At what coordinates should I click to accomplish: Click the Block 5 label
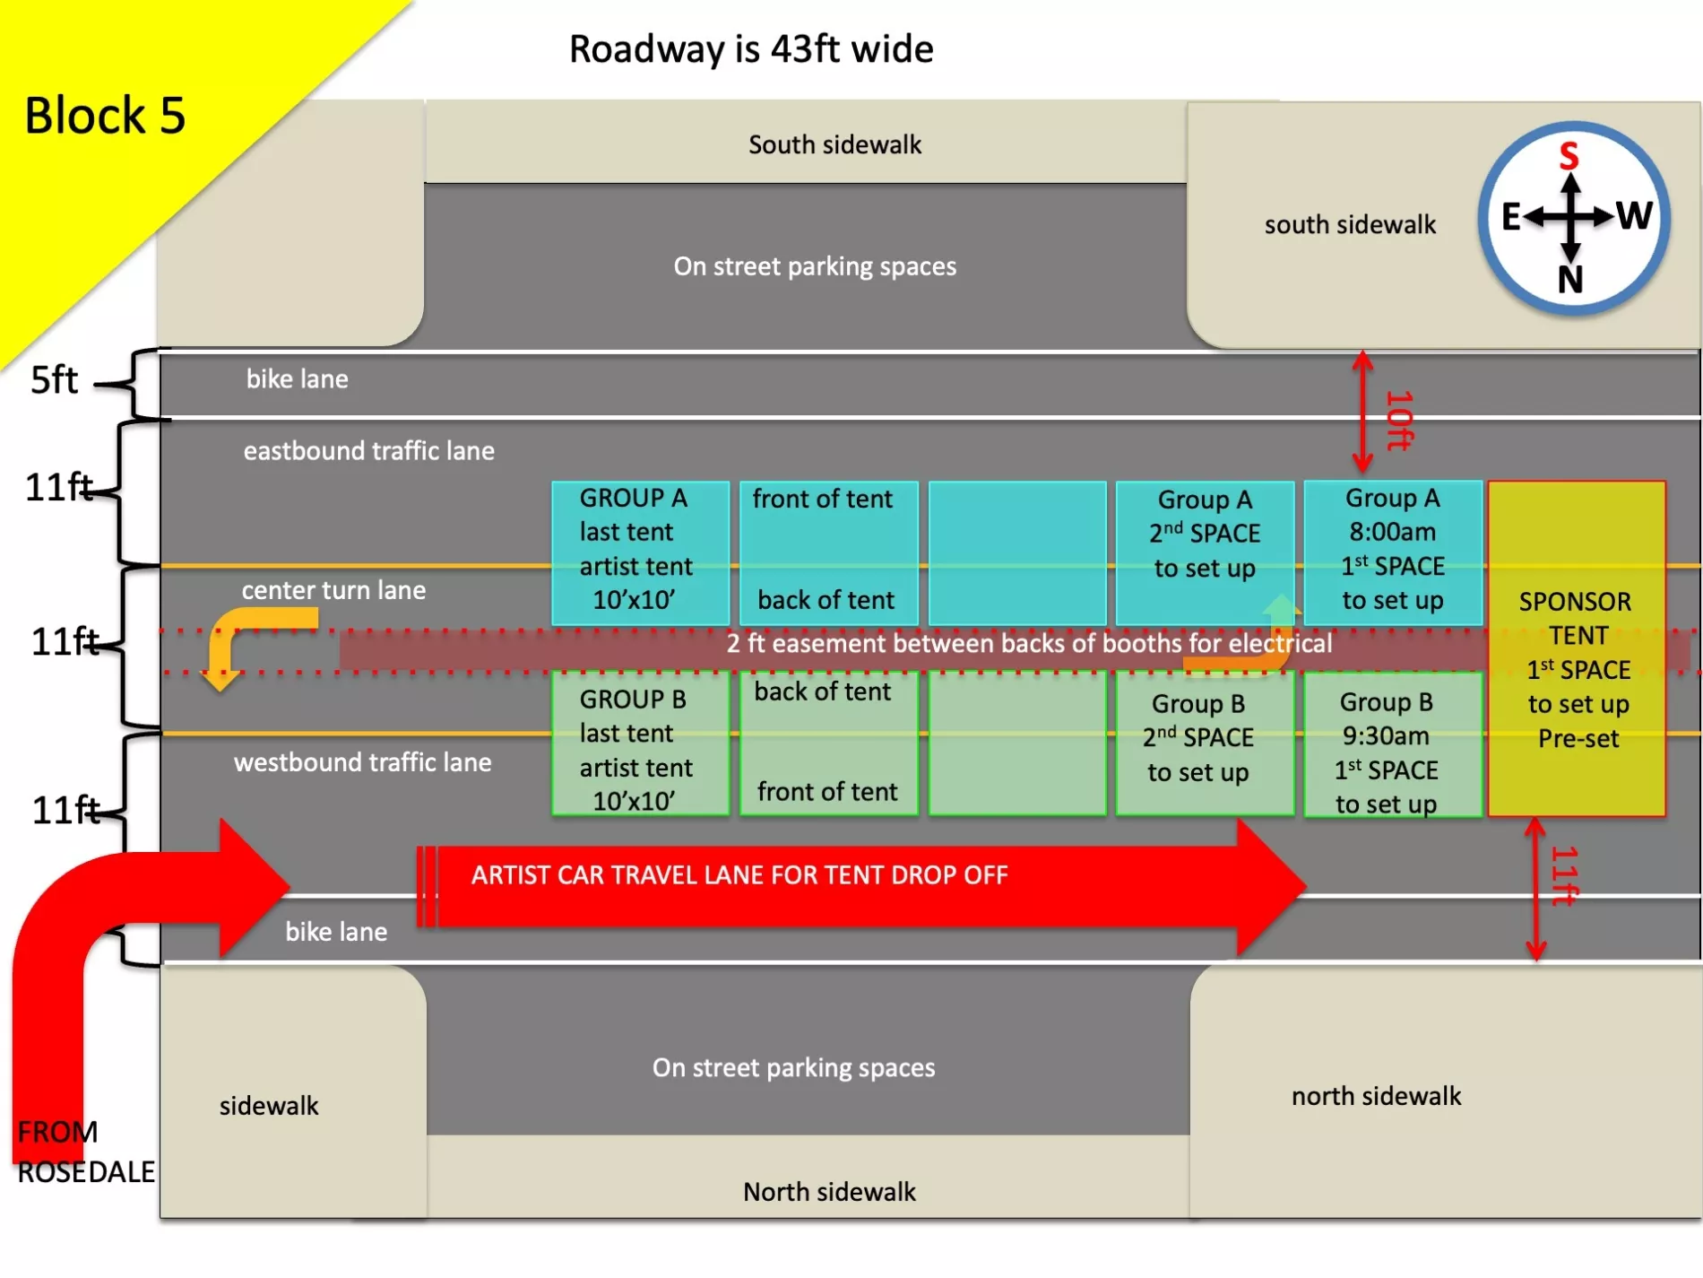[105, 116]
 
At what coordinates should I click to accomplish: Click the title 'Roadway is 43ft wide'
[751, 49]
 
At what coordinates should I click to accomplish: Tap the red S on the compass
[1569, 156]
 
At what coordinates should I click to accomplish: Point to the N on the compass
[1570, 280]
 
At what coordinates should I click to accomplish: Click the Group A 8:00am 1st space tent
[1392, 550]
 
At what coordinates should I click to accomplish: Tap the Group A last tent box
[636, 549]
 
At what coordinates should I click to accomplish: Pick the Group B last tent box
[636, 750]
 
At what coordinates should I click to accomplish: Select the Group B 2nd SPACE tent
[1198, 737]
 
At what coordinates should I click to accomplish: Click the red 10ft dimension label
[1398, 420]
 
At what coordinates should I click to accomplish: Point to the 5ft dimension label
[54, 380]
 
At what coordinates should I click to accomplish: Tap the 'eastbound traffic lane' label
[368, 450]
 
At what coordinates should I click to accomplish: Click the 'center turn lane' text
[333, 590]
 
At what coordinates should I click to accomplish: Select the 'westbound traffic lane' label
[362, 762]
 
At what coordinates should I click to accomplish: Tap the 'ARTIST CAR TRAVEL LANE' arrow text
[739, 875]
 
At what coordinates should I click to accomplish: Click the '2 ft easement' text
[1028, 644]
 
